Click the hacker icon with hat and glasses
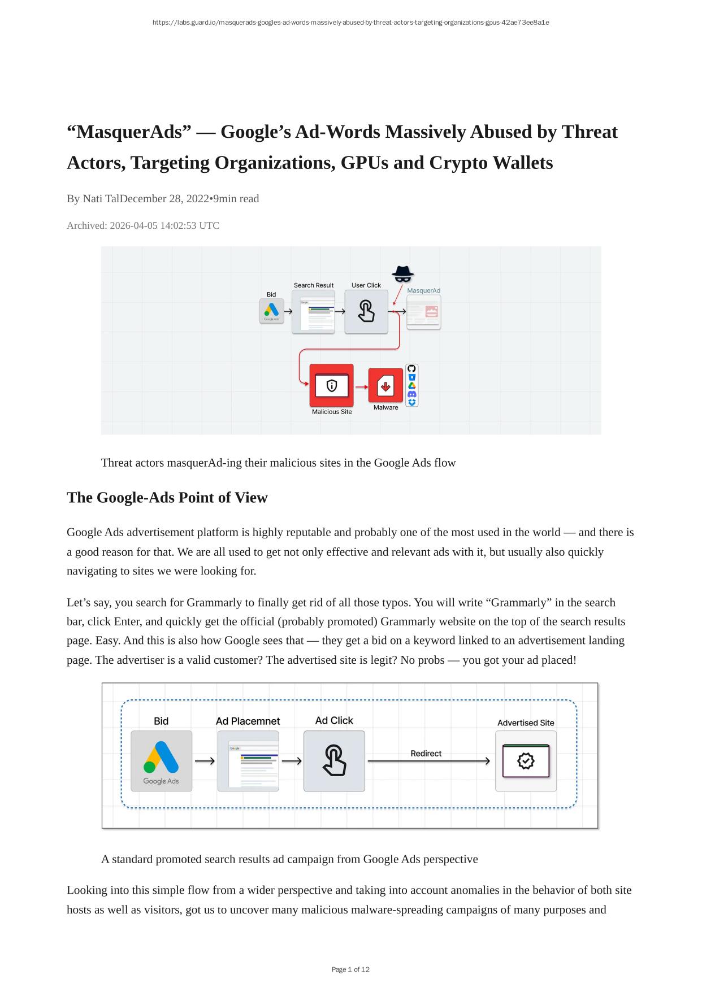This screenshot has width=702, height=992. tap(402, 274)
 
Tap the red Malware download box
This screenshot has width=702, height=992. tap(385, 386)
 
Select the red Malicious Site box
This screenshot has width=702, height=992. tap(331, 385)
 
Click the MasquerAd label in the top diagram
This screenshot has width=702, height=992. tap(423, 290)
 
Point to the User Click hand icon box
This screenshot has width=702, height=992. tap(366, 311)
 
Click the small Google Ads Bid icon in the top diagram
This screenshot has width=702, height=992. tap(271, 311)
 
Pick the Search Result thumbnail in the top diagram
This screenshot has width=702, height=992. tap(313, 311)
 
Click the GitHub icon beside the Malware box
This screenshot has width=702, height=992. tap(412, 368)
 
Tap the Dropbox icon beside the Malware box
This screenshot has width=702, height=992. tap(412, 402)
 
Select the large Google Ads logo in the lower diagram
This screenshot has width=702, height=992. tap(161, 761)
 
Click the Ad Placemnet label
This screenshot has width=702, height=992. tap(248, 721)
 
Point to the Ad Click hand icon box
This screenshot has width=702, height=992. tap(334, 761)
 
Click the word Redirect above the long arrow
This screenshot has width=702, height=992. tap(426, 753)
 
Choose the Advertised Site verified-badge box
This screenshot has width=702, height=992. tap(526, 761)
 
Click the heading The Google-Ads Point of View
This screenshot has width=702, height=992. tap(167, 497)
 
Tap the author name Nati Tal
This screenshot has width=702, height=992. tap(101, 199)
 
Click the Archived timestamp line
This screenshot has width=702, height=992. tap(143, 225)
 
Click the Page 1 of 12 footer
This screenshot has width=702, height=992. tap(350, 969)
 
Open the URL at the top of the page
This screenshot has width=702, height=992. tap(350, 23)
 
